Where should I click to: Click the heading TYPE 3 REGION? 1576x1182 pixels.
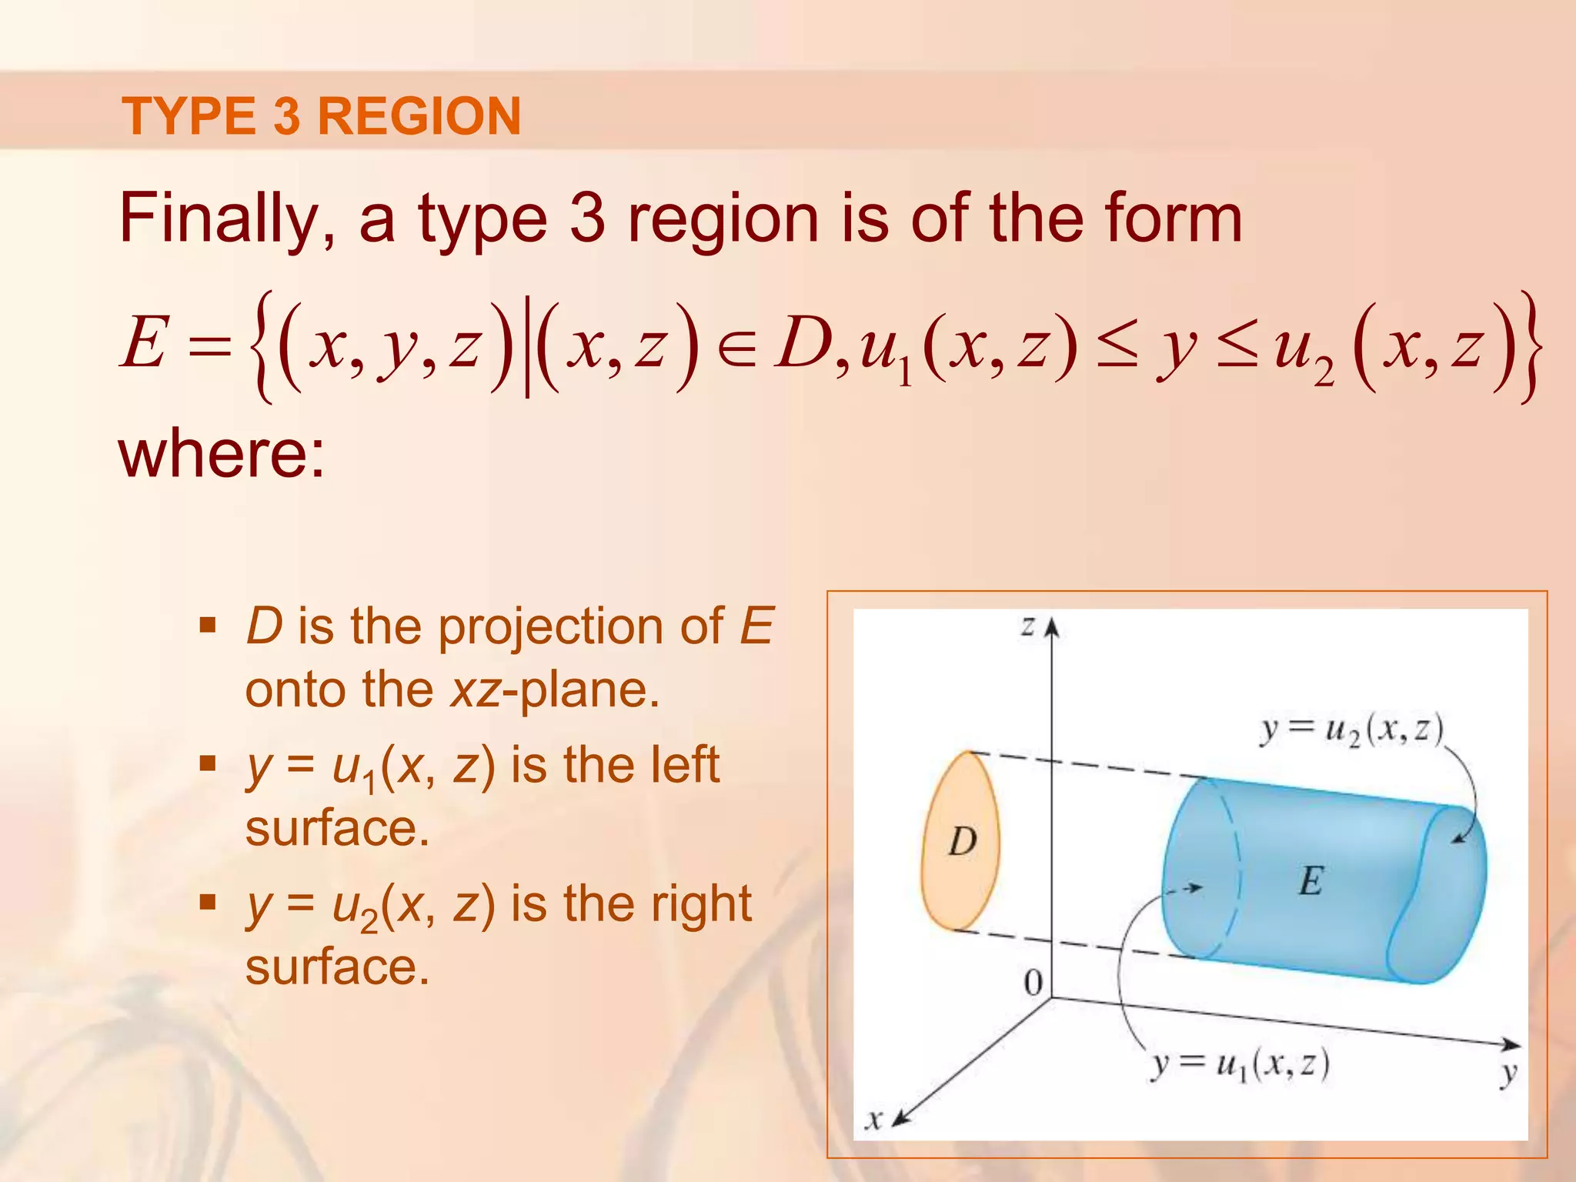click(322, 116)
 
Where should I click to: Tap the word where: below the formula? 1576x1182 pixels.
click(222, 454)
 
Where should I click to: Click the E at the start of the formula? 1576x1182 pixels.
click(144, 344)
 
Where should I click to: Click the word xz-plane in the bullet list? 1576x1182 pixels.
click(554, 689)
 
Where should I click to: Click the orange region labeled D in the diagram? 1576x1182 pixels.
click(960, 843)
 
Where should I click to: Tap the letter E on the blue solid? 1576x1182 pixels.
click(1311, 881)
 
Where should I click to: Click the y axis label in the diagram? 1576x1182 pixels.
click(1508, 1073)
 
